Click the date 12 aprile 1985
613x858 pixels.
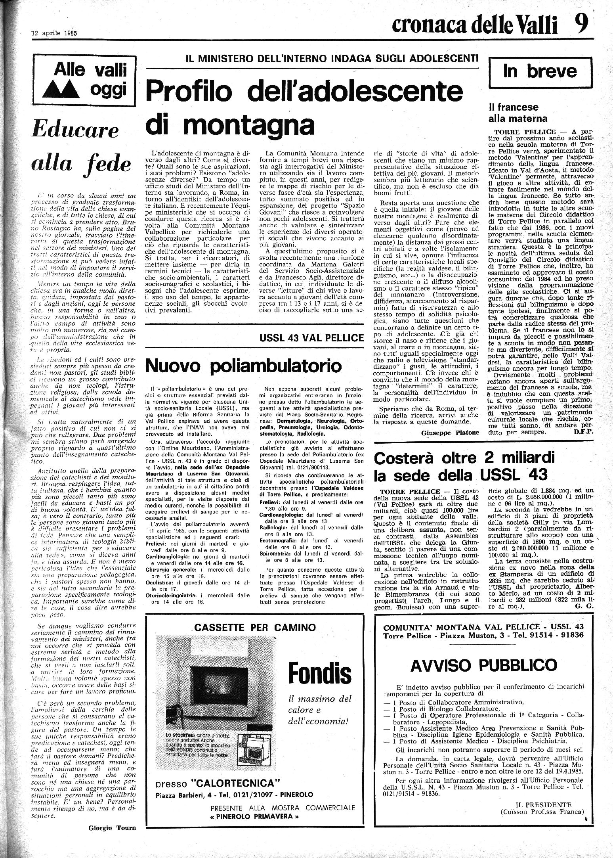coord(54,34)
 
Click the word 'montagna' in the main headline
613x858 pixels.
coord(230,124)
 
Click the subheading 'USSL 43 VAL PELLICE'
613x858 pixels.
coord(311,338)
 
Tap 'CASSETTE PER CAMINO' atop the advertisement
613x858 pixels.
coord(255,627)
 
